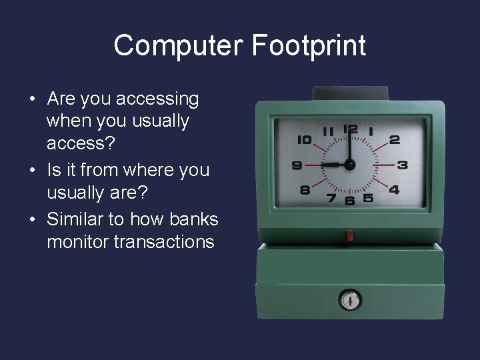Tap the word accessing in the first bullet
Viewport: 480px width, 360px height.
click(157, 99)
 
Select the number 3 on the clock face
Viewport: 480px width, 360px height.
click(403, 164)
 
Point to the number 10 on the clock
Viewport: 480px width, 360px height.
click(304, 140)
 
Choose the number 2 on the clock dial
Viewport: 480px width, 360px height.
click(394, 140)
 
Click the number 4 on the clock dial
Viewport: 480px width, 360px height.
click(394, 189)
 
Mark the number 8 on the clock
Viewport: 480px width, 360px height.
click(305, 189)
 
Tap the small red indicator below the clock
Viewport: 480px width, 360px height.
click(349, 235)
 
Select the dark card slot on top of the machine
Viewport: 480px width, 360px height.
click(349, 93)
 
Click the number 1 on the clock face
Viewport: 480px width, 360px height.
click(371, 131)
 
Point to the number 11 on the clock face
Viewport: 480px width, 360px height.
click(327, 131)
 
